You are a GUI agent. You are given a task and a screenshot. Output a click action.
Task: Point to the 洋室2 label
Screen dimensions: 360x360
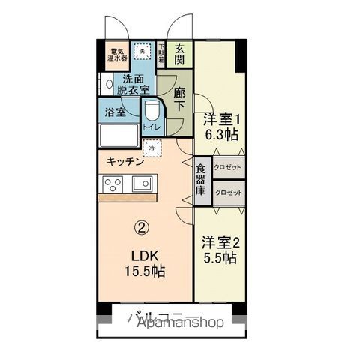220,242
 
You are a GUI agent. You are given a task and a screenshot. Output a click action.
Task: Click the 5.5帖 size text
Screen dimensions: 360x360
220,258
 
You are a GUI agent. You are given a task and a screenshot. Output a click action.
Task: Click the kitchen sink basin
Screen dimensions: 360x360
142,183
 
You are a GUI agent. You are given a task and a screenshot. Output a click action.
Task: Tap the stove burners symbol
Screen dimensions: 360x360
113,184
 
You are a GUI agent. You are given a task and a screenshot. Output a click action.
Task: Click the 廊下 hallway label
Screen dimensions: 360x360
179,100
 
